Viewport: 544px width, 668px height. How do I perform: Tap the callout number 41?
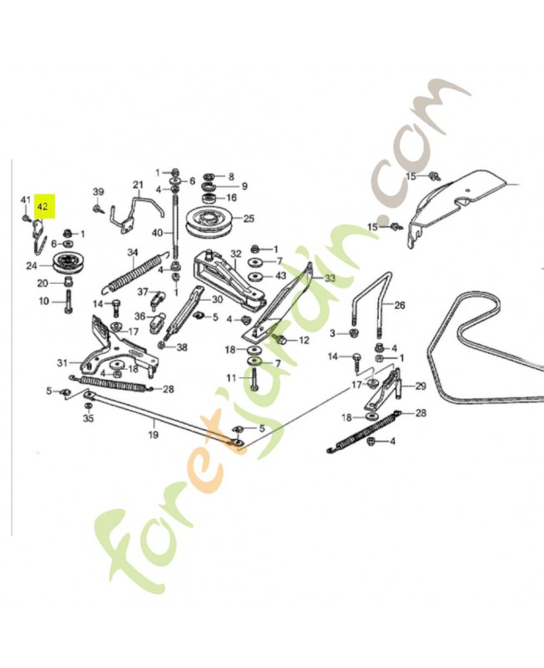point(25,200)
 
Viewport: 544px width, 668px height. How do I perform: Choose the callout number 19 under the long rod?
point(153,434)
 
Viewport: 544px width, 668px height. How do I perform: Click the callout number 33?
point(330,278)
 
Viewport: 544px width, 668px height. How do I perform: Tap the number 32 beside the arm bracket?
point(236,254)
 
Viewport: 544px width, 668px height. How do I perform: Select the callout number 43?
point(280,276)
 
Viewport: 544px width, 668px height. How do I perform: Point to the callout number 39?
point(98,191)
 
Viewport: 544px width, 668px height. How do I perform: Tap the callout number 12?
point(304,340)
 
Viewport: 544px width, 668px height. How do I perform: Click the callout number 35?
point(88,418)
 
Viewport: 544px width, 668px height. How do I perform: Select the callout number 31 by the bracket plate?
point(61,362)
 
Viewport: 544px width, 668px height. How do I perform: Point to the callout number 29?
point(420,385)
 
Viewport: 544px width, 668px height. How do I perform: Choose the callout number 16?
point(231,198)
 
